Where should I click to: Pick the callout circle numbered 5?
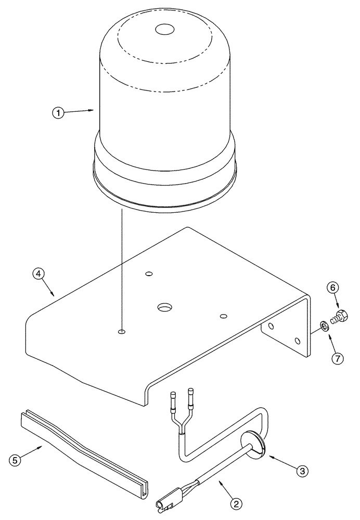[x=16, y=460]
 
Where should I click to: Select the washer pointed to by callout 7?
[x=324, y=326]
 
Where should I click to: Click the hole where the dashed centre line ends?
[x=121, y=331]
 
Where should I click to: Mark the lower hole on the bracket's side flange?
[x=297, y=341]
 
